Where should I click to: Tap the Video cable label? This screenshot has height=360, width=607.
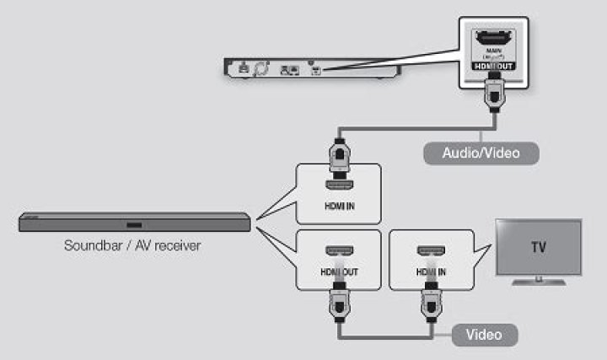[x=484, y=334]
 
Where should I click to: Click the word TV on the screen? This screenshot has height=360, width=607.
[x=537, y=248]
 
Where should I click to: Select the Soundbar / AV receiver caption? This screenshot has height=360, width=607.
[x=133, y=247]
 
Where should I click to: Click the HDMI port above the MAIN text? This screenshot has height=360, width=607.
[x=492, y=39]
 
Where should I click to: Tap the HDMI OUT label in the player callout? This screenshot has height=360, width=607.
[x=492, y=65]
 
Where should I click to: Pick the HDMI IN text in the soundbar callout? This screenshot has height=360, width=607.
[x=338, y=206]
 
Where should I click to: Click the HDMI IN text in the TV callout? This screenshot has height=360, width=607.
[x=430, y=273]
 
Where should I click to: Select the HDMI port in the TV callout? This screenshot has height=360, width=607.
[x=430, y=252]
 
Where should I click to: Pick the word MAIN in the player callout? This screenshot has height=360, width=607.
[x=492, y=52]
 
